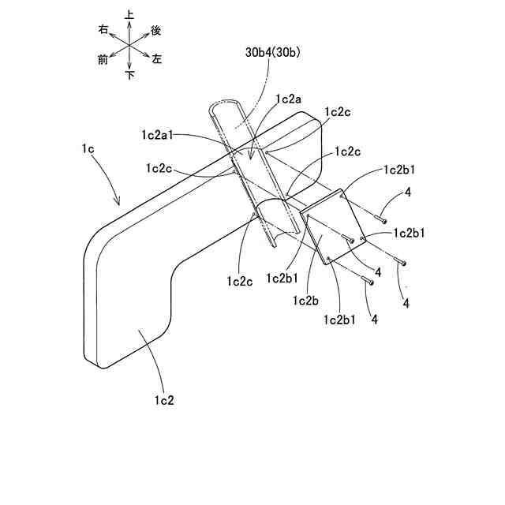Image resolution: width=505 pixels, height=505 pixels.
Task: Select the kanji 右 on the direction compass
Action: pyautogui.click(x=103, y=29)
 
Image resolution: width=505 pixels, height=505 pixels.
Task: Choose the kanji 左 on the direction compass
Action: pyautogui.click(x=157, y=59)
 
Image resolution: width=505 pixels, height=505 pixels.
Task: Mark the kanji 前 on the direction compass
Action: pyautogui.click(x=103, y=59)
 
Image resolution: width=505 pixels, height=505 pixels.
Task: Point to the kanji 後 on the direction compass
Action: pyautogui.click(x=155, y=29)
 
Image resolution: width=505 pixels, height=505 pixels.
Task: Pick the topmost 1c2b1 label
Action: pyautogui.click(x=401, y=170)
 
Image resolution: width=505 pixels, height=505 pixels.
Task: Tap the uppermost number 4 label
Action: pyautogui.click(x=407, y=192)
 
